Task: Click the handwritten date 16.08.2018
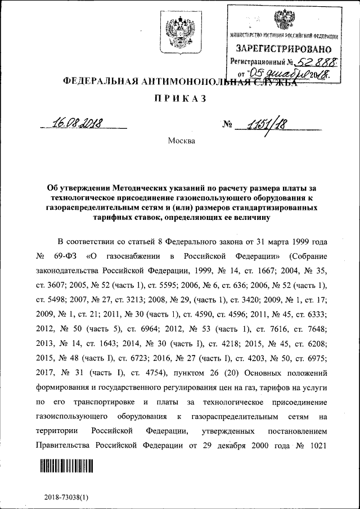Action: [81, 122]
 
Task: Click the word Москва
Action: [182, 141]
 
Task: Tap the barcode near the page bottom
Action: [66, 466]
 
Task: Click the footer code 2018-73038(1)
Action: [66, 498]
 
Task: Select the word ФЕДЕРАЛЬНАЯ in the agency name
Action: [96, 81]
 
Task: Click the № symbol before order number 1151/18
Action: [227, 124]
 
